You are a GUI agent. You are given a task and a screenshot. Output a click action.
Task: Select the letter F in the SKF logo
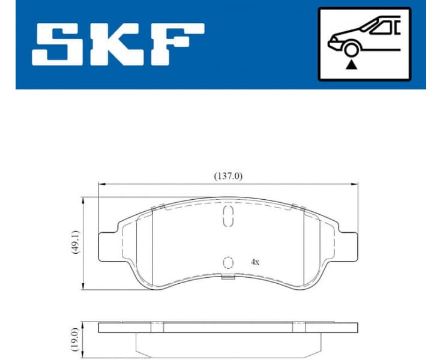point(177,45)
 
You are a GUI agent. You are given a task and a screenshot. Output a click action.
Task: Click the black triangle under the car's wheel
point(351,64)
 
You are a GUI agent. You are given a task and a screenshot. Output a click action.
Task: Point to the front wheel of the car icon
point(351,50)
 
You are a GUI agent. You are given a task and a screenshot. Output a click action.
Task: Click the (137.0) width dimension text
point(228,176)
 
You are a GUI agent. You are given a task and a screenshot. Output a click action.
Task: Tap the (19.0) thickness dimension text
point(76,340)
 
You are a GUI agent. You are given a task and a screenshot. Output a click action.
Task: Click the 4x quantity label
point(255,262)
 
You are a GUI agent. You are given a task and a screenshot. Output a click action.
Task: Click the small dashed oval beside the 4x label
point(228,262)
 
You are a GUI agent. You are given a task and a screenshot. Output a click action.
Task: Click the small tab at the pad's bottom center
point(228,277)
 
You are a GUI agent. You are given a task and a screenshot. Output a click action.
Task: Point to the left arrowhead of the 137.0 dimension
point(101,184)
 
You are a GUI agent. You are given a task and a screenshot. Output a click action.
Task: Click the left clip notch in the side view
point(158,327)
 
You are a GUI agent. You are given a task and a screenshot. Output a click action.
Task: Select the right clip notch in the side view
point(298,327)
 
